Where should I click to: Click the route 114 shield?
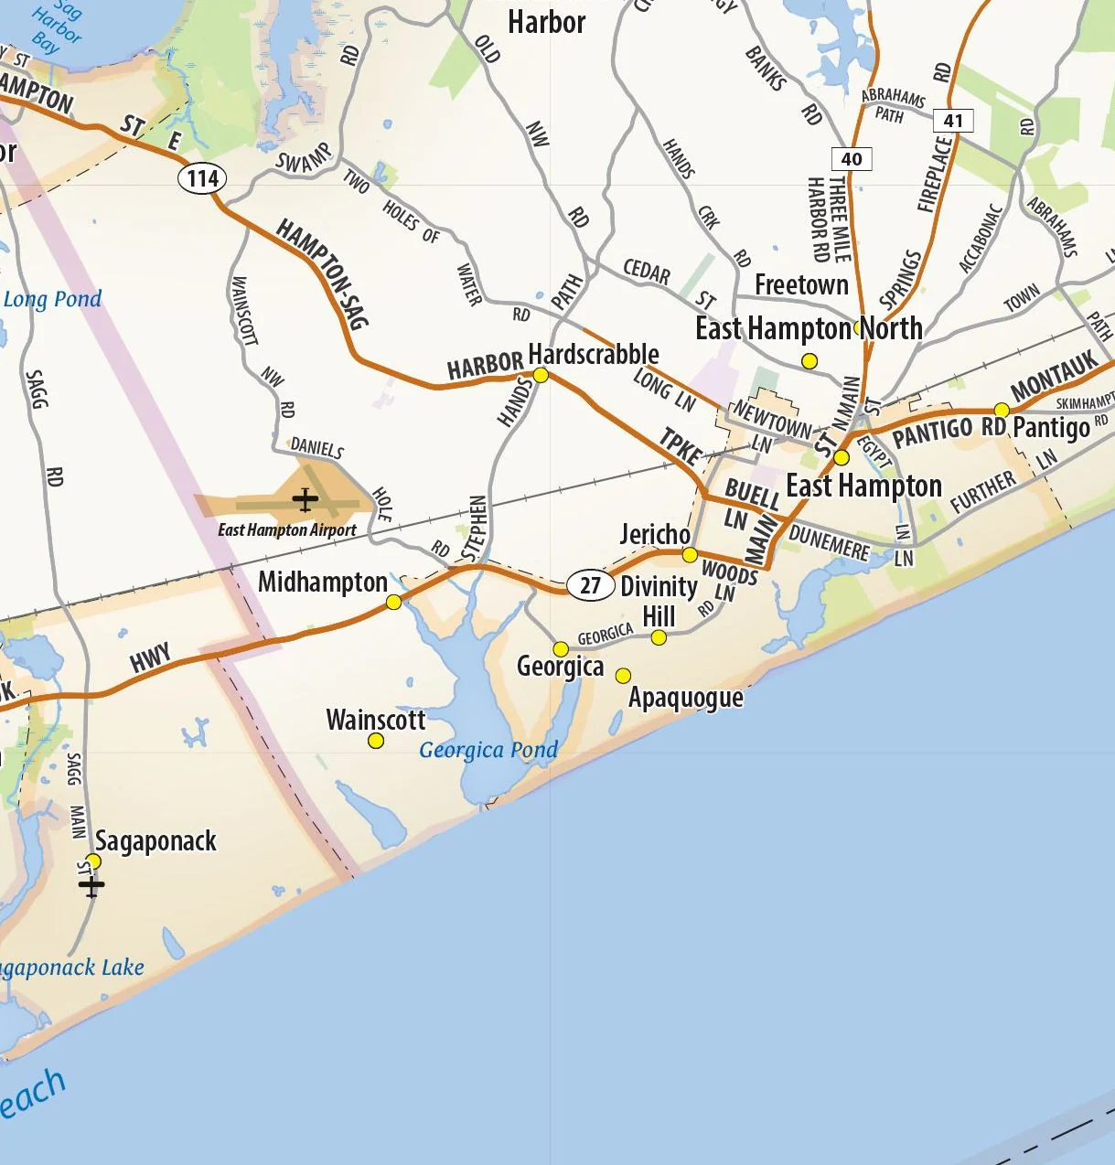[x=202, y=177]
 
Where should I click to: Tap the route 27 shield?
[x=590, y=585]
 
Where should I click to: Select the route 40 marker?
[x=852, y=159]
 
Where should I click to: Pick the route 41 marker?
[x=953, y=120]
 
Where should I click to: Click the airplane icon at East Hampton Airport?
[x=305, y=500]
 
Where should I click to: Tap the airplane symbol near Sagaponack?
[x=91, y=884]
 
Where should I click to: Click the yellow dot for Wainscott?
[x=376, y=741]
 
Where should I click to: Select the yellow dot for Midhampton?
[x=393, y=602]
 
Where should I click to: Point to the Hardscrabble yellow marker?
[x=541, y=375]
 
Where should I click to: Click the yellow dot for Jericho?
[x=690, y=555]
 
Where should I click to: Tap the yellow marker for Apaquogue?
[x=623, y=676]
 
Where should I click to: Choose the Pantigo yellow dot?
[x=1002, y=410]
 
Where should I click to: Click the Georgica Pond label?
[x=488, y=751]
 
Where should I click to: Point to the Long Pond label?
[x=52, y=299]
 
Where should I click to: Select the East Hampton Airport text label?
[x=287, y=530]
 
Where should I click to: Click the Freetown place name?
[x=801, y=285]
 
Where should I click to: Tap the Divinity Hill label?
[x=659, y=601]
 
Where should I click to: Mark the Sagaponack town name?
[x=156, y=840]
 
